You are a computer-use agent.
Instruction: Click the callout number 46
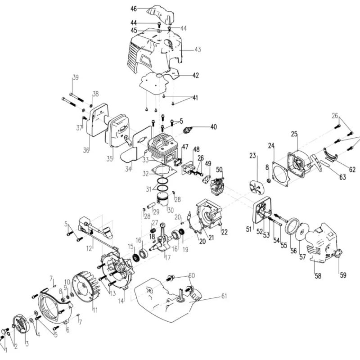[133, 9]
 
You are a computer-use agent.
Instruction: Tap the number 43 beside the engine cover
[198, 49]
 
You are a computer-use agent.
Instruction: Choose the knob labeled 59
[338, 257]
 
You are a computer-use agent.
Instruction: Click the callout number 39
[75, 77]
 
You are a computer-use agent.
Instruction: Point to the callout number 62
[352, 170]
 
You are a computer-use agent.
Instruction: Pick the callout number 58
[318, 276]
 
